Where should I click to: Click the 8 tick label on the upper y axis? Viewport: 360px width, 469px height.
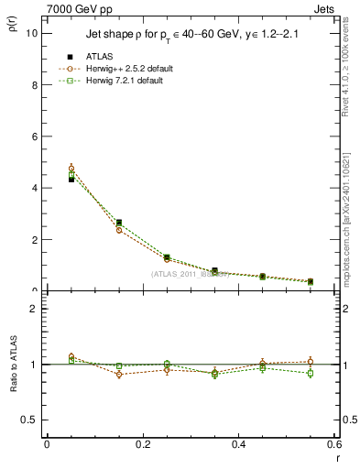tap(35, 84)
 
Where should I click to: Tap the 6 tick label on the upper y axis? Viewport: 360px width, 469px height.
tap(35, 136)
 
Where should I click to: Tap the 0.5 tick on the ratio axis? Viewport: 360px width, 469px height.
tap(30, 420)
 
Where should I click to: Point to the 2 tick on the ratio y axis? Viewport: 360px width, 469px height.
tap(35, 309)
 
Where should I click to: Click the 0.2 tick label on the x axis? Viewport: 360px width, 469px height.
tap(142, 443)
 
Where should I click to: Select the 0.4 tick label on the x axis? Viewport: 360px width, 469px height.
tap(238, 443)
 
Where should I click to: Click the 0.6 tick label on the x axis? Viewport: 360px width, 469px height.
tap(333, 443)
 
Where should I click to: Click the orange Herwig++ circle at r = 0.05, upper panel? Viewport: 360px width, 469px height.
tap(71, 169)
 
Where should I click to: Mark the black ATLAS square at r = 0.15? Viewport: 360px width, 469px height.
tap(119, 223)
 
